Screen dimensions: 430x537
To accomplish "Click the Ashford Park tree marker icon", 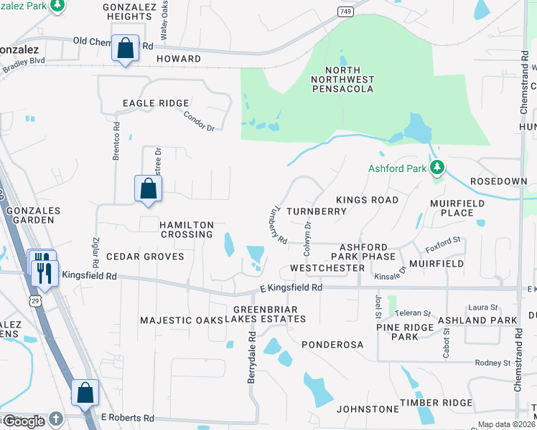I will [x=436, y=168].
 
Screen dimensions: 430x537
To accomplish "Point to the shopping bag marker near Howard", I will [x=125, y=49].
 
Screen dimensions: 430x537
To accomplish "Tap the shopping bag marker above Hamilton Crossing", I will [x=148, y=188].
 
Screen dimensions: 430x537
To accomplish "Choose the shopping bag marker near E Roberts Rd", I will [x=85, y=392].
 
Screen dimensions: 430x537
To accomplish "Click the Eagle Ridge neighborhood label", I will [x=155, y=103].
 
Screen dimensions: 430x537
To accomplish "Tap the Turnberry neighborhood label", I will [x=317, y=211].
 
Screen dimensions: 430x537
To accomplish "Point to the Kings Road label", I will [x=367, y=200].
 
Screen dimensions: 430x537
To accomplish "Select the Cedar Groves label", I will [x=145, y=256].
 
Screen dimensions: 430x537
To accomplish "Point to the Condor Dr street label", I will [x=199, y=120].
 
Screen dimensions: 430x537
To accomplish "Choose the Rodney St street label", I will [x=492, y=363].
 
